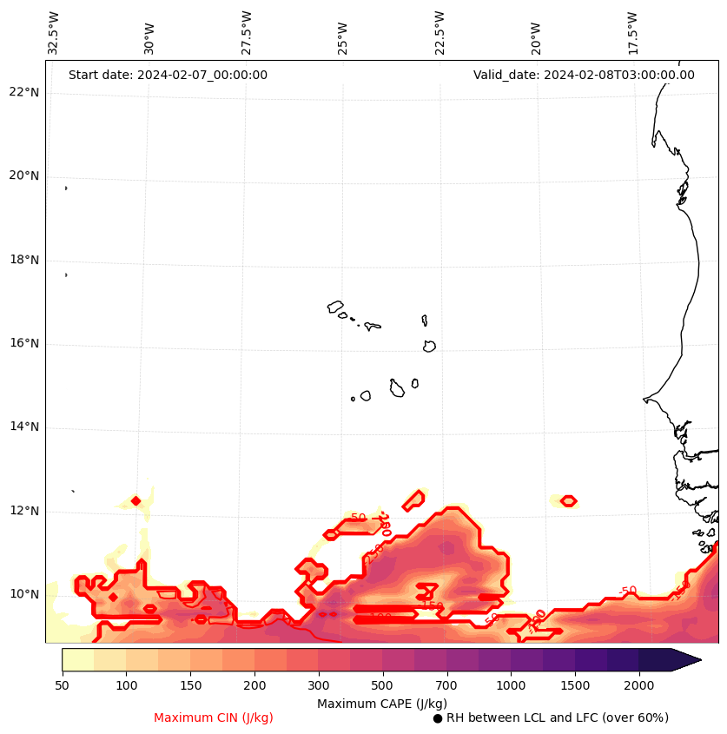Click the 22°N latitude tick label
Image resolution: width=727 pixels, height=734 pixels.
click(24, 93)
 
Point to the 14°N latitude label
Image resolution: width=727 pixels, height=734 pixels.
click(24, 427)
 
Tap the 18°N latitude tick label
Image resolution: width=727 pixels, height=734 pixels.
click(24, 260)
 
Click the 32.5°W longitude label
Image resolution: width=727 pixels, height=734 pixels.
click(54, 33)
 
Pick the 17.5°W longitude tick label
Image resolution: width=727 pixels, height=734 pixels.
click(632, 33)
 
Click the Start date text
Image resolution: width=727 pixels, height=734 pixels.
click(168, 75)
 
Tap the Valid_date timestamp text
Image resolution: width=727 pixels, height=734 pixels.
click(584, 75)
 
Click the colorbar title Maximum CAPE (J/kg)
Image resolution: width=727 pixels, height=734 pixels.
click(382, 703)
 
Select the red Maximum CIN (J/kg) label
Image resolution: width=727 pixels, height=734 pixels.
click(214, 717)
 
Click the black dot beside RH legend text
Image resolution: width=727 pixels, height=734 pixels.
click(438, 718)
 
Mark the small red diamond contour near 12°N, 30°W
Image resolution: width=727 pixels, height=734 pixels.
click(135, 500)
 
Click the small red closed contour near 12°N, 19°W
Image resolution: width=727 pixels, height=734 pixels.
click(568, 500)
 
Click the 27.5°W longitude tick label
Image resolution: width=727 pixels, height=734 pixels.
click(247, 33)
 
